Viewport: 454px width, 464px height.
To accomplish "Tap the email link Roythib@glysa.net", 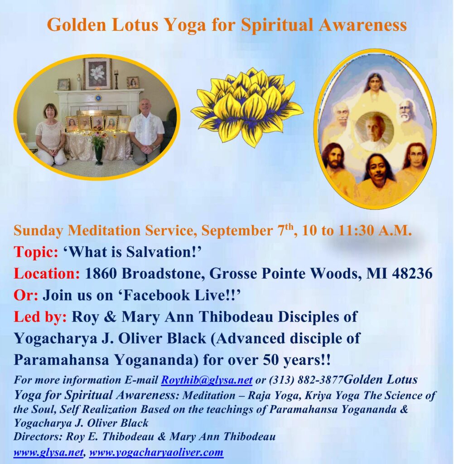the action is pos(207,380).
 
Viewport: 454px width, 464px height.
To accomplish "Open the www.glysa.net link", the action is pos(48,453).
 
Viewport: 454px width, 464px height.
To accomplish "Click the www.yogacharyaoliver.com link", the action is pos(156,453).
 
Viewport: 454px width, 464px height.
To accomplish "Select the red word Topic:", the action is pos(36,252).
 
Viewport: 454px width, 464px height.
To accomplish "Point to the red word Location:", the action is pos(47,273).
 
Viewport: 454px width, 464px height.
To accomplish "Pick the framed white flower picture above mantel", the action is pos(97,74).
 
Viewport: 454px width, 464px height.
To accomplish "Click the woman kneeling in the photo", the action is pos(51,135).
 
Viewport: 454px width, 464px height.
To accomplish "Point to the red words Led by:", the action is pos(40,317).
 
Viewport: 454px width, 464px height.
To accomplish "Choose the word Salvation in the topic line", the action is pos(159,252).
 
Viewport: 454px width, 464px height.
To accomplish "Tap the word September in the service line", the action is pos(237,231).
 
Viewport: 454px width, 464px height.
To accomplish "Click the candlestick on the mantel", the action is pos(116,79).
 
